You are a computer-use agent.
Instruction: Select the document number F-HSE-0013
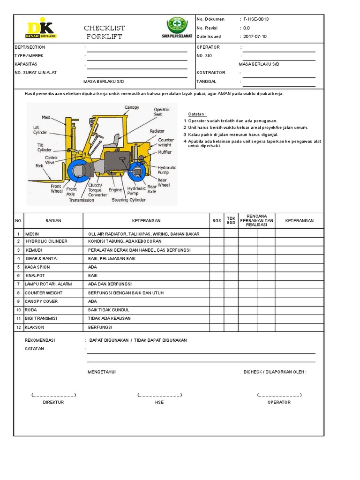[x=256, y=19]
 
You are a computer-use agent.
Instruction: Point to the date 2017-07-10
[x=255, y=37]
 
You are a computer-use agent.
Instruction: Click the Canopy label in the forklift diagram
[x=132, y=107]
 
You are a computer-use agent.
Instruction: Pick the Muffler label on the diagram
[x=164, y=152]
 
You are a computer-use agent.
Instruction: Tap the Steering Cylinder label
[x=128, y=200]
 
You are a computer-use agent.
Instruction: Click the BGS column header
[x=217, y=221]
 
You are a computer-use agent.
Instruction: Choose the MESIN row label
[x=32, y=233]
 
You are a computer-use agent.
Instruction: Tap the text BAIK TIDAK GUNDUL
[x=109, y=310]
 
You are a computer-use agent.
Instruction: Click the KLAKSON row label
[x=34, y=327]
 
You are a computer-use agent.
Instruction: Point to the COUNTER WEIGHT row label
[x=44, y=293]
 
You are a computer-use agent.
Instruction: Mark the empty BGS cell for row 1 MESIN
[x=217, y=233]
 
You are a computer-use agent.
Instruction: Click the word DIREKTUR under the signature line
[x=53, y=402]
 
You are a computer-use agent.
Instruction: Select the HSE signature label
[x=159, y=402]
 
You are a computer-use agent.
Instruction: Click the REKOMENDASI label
[x=40, y=340]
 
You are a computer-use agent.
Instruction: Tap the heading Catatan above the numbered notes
[x=197, y=114]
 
